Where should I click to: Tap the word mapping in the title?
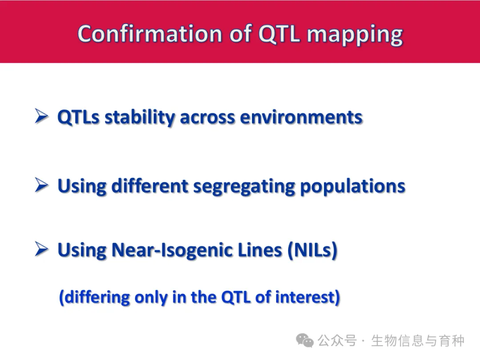355,35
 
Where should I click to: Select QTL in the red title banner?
279,34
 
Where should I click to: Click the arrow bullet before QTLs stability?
41,116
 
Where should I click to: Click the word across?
207,118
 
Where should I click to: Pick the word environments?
301,117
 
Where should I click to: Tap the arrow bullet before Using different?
41,185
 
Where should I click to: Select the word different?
149,186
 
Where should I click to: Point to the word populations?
352,187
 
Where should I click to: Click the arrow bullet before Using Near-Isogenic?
41,249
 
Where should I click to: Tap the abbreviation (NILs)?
312,250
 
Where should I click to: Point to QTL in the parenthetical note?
236,297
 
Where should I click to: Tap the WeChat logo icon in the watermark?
304,340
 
